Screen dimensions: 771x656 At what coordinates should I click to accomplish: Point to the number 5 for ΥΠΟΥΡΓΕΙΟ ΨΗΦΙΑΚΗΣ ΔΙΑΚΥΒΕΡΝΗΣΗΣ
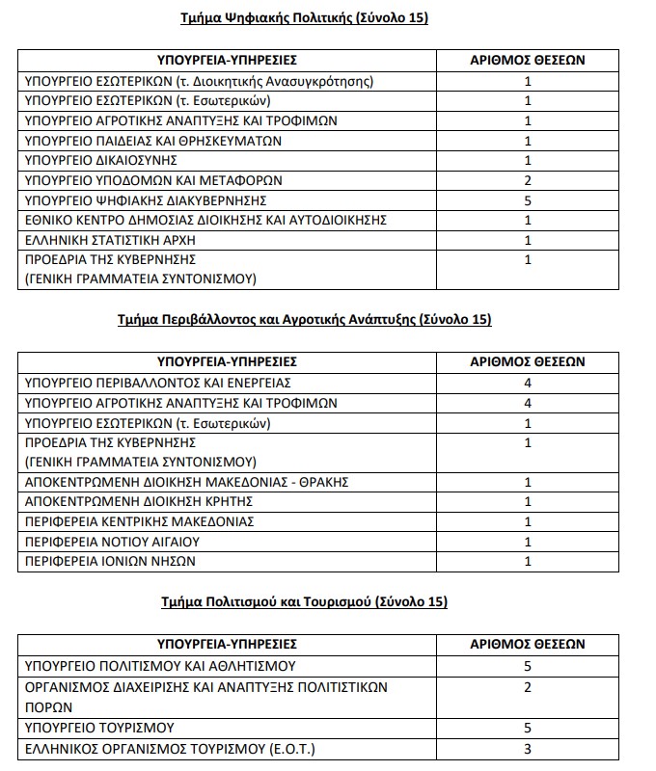point(528,199)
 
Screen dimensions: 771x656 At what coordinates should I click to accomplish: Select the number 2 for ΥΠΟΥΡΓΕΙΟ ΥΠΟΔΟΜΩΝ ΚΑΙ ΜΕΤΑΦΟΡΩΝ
point(528,179)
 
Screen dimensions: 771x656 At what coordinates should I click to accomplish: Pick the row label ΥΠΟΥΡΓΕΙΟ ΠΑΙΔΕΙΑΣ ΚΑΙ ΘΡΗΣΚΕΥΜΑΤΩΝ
point(151,140)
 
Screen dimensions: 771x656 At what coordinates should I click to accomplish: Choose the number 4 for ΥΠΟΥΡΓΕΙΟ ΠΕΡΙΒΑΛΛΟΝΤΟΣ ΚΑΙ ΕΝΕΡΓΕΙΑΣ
point(528,383)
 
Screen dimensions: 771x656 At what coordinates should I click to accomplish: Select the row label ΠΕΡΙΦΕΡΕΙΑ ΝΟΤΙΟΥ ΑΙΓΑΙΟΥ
point(122,541)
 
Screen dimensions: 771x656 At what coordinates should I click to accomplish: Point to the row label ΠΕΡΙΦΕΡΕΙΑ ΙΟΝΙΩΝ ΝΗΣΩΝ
point(114,561)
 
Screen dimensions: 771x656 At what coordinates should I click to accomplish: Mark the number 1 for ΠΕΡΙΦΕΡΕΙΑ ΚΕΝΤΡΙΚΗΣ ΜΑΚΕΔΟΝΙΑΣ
point(528,521)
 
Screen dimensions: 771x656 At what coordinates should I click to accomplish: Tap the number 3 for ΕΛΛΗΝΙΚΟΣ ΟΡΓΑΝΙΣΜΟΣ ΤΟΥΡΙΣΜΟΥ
point(528,749)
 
